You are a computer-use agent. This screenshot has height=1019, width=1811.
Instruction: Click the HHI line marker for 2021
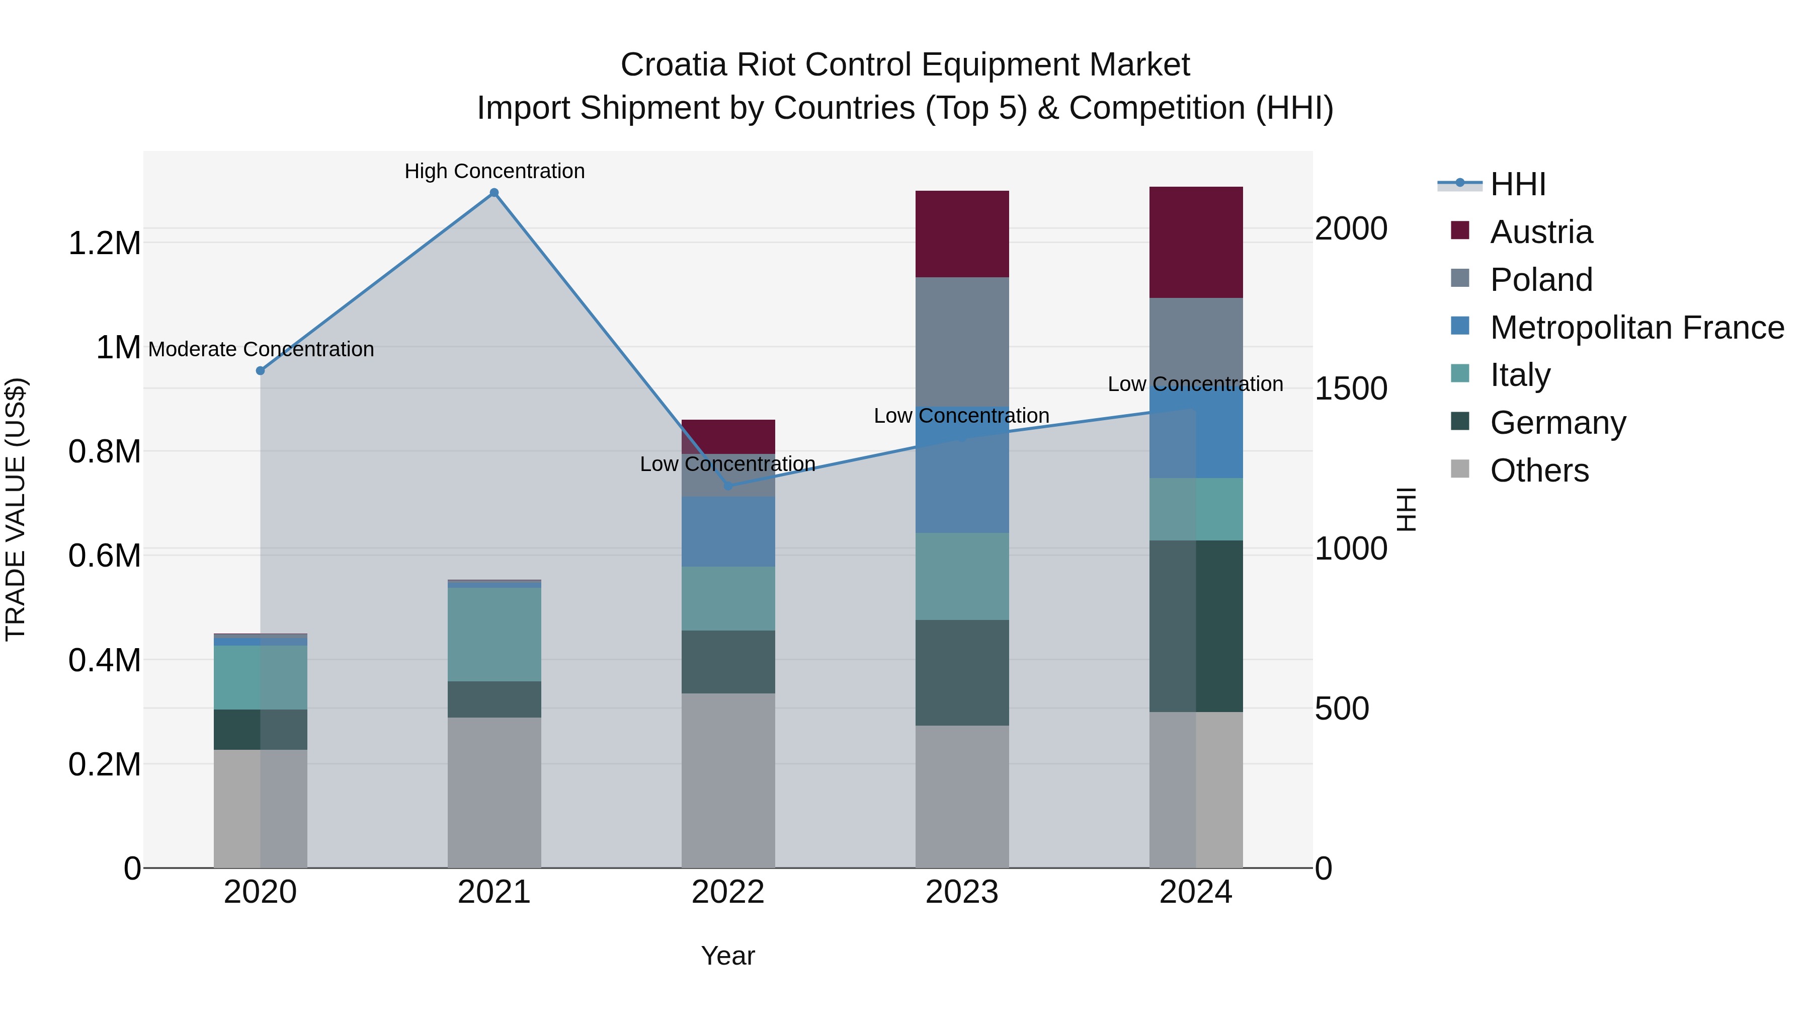tap(494, 193)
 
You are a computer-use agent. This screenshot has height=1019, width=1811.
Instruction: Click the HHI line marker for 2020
tap(260, 370)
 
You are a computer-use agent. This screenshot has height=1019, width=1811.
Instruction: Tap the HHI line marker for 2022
tap(727, 486)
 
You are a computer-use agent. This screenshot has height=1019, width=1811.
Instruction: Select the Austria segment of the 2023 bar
tap(962, 233)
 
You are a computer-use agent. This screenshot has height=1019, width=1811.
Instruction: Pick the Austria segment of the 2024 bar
tap(1196, 242)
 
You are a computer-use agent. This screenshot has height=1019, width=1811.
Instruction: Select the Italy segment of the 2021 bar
tap(494, 634)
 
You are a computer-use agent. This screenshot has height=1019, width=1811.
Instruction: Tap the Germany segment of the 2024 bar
tap(1196, 626)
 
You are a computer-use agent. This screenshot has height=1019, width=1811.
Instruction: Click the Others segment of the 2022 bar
tap(727, 780)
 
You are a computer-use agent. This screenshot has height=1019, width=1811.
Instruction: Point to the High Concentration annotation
tap(494, 171)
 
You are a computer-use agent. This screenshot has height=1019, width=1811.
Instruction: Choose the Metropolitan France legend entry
tap(1636, 328)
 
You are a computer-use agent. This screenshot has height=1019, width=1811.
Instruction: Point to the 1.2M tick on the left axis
tap(105, 244)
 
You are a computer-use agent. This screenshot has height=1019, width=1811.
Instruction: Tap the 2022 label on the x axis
tap(727, 892)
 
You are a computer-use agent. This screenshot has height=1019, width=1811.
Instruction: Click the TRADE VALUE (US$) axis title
tap(16, 509)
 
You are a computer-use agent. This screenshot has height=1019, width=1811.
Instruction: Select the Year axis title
tap(727, 956)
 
